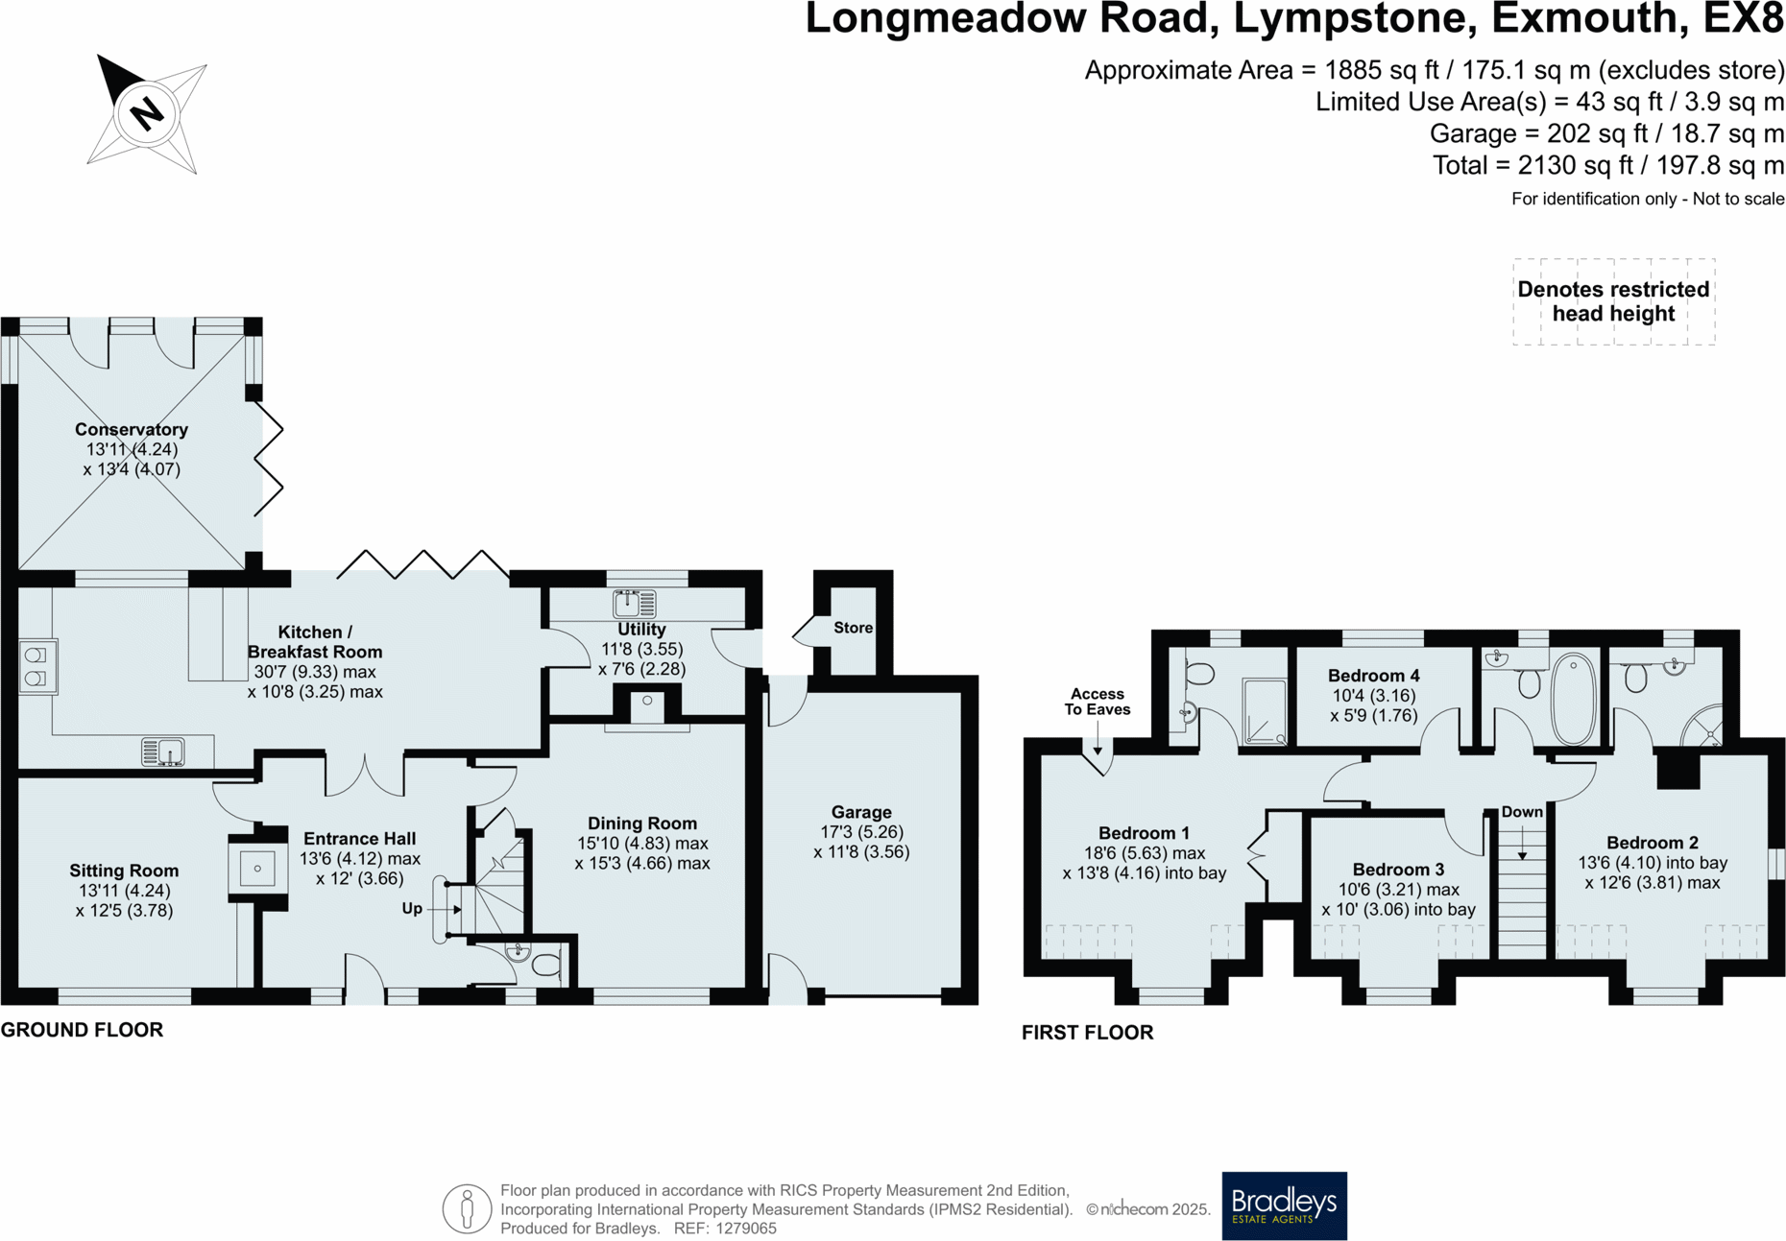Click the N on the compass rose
click(147, 114)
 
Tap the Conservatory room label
click(132, 429)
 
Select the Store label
click(853, 628)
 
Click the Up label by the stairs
click(412, 908)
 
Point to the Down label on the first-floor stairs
click(1522, 812)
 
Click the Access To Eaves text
click(1097, 702)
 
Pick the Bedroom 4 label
click(1373, 676)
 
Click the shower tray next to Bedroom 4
click(1265, 711)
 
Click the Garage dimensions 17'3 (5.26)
click(861, 832)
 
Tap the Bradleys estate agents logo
click(1284, 1205)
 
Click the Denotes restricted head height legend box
click(1613, 301)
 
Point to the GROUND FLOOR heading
click(83, 1030)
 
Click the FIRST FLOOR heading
click(1087, 1033)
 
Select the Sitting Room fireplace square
click(257, 869)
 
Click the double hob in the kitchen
click(36, 666)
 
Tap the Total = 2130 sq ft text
click(1607, 165)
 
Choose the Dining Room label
click(641, 823)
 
